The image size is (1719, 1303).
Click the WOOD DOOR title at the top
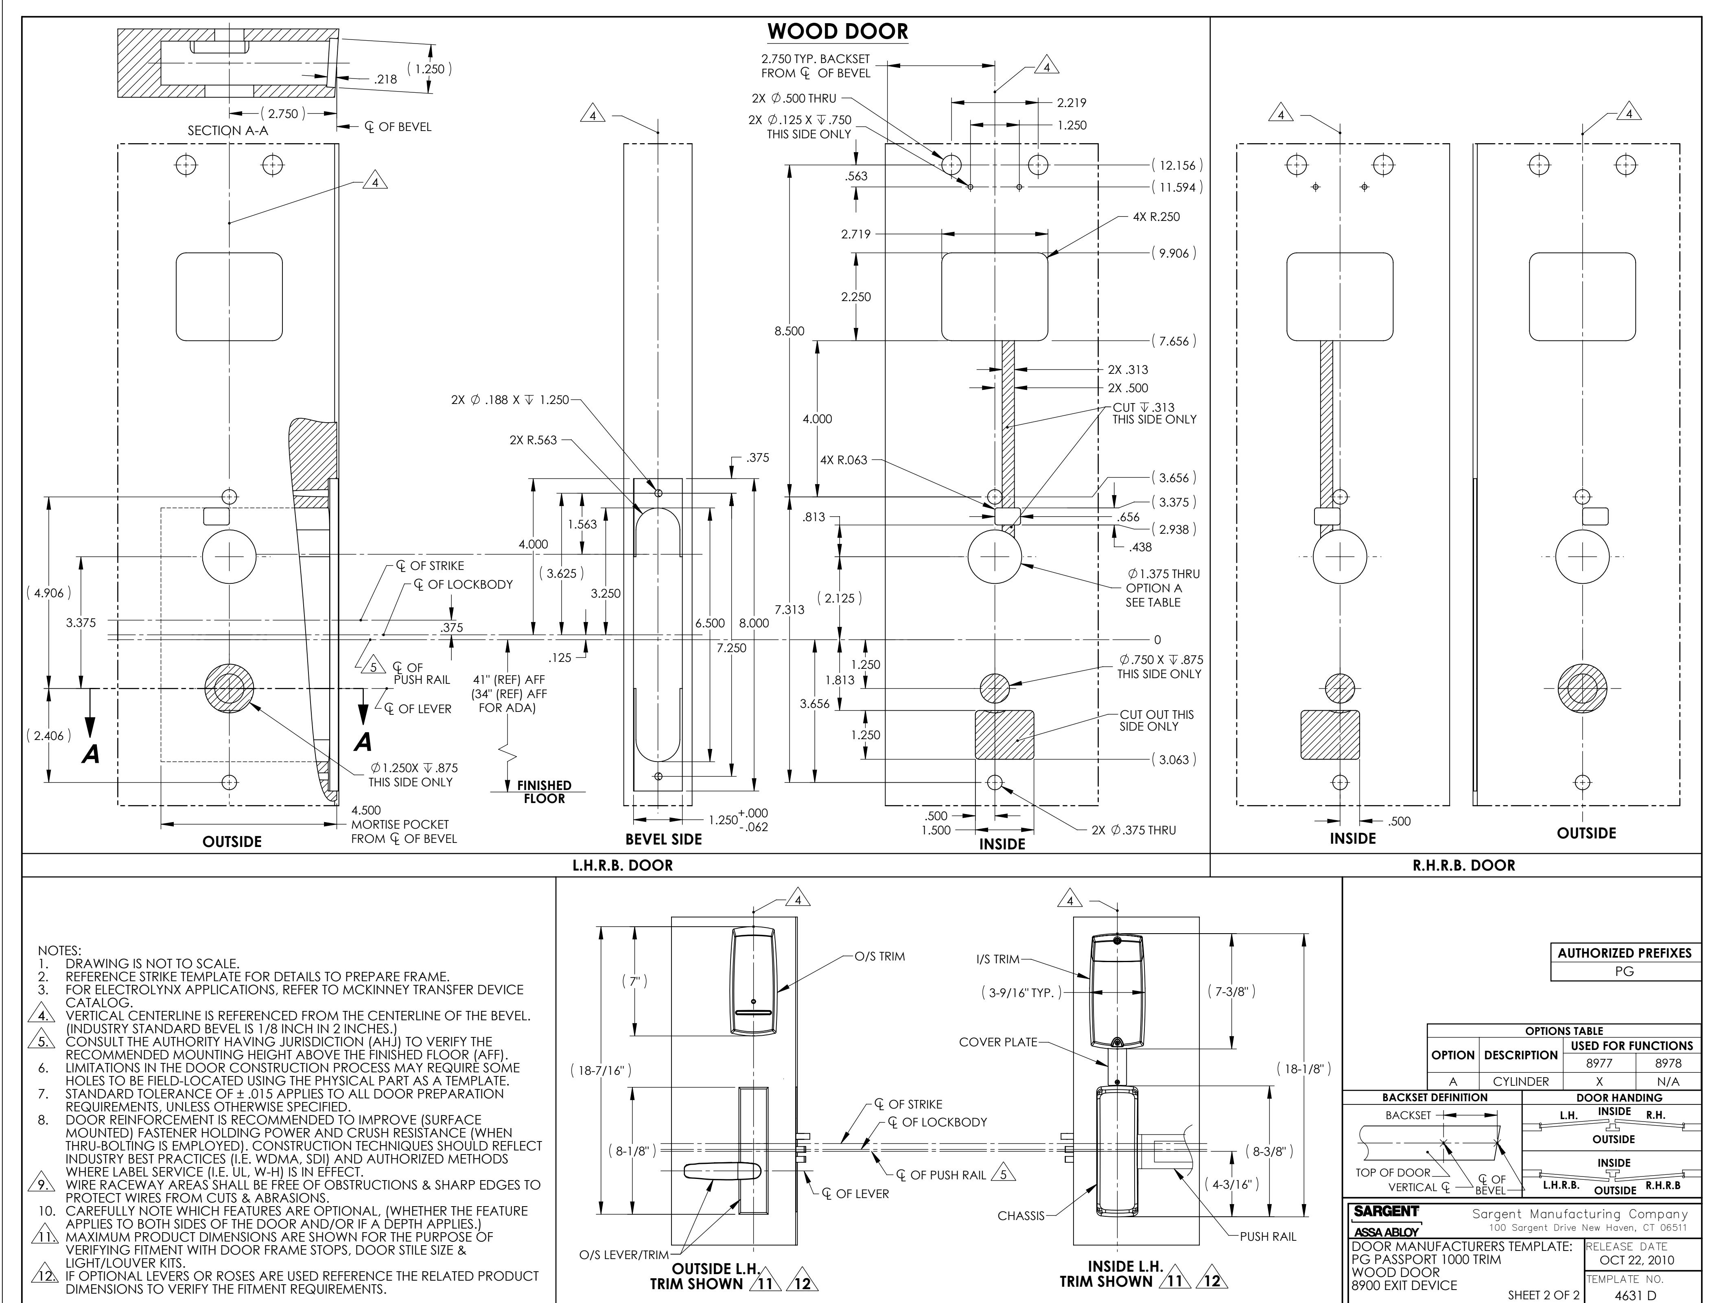point(838,32)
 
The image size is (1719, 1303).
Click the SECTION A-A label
point(228,131)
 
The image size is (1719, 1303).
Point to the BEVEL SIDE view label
point(664,839)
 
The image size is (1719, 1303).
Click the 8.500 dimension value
point(790,331)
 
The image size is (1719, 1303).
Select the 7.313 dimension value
point(790,610)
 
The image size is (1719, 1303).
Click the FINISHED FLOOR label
point(544,792)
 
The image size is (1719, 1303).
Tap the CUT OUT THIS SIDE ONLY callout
point(1156,720)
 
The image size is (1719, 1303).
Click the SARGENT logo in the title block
point(1386,1211)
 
